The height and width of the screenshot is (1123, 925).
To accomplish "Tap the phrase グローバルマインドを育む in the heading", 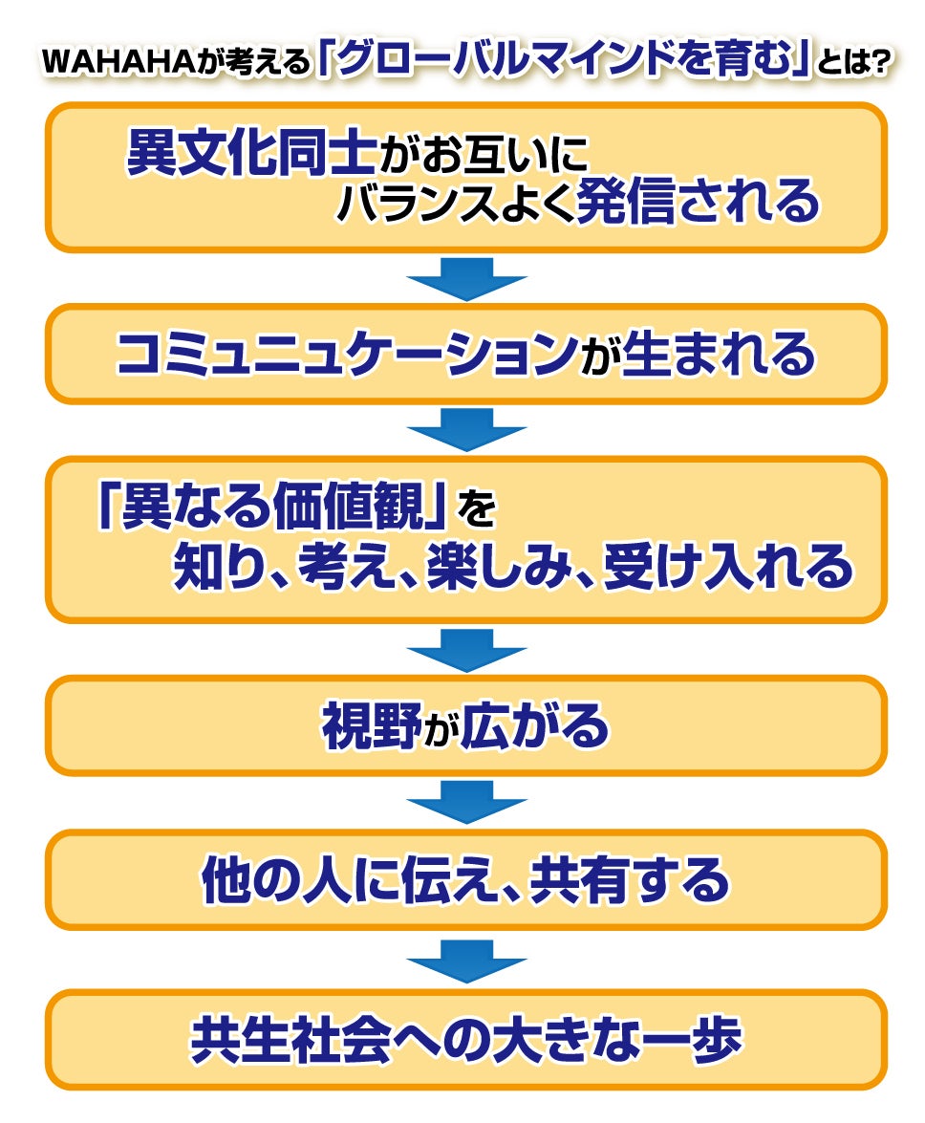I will (x=564, y=60).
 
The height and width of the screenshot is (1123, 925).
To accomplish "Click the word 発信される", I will (x=698, y=202).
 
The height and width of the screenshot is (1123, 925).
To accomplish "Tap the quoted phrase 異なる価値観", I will (x=272, y=511).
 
